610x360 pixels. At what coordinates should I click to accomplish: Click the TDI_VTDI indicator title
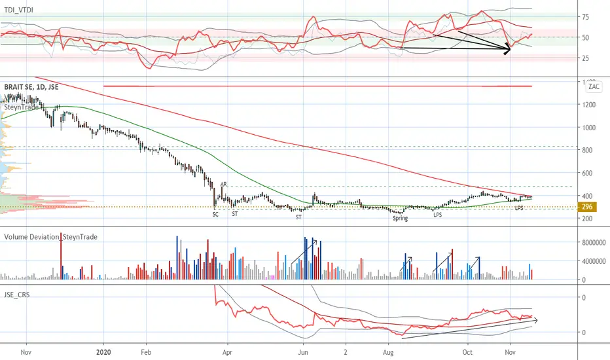[19, 10]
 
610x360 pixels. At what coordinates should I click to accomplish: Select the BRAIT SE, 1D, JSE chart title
[31, 87]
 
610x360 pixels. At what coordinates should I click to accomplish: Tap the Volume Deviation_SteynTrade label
[50, 237]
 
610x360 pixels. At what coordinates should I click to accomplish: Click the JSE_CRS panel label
[17, 295]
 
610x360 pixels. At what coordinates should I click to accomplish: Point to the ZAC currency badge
[594, 86]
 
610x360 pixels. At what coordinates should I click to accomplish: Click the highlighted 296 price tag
[587, 207]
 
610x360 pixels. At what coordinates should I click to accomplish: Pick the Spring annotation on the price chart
[401, 219]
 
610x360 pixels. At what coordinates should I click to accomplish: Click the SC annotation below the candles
[215, 215]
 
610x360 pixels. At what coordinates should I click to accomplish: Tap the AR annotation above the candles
[224, 184]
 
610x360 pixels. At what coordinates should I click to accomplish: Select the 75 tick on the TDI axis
[586, 17]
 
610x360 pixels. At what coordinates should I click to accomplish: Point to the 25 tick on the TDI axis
[586, 58]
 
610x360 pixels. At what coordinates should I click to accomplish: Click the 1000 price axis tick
[588, 128]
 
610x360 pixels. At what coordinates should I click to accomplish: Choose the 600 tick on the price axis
[587, 173]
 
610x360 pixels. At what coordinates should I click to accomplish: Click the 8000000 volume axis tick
[594, 243]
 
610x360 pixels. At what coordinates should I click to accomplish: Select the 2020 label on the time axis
[103, 352]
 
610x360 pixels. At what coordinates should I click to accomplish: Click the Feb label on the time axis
[146, 352]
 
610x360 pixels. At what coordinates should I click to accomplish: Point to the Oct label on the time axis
[467, 352]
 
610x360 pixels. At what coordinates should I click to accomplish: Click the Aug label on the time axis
[388, 352]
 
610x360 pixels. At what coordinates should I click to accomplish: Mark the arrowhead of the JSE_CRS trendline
[537, 320]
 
